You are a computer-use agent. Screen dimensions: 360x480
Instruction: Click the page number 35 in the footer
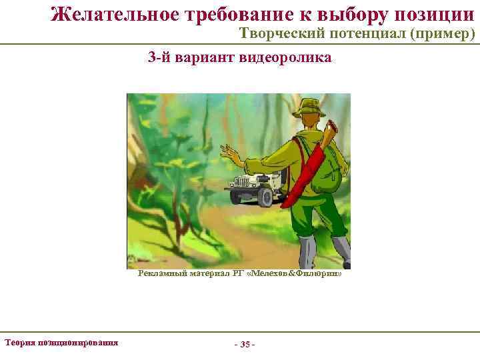click(x=245, y=345)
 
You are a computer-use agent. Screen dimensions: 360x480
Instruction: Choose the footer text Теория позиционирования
click(x=61, y=342)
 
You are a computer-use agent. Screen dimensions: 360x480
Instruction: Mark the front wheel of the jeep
click(x=265, y=197)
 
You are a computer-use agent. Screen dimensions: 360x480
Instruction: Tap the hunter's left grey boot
click(x=307, y=253)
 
